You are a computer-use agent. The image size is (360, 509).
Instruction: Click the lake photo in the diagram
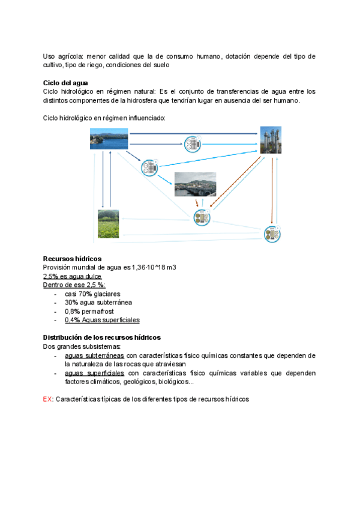tap(109, 139)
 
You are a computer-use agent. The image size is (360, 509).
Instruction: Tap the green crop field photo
tap(109, 224)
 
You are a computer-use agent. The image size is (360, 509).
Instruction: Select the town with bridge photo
tap(195, 184)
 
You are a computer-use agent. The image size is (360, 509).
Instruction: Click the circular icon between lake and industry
tap(193, 145)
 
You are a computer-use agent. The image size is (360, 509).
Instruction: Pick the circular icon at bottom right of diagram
tap(272, 234)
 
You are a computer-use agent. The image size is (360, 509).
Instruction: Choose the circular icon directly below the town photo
tap(202, 218)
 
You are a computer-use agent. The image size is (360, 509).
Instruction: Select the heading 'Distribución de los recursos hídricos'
tap(101, 338)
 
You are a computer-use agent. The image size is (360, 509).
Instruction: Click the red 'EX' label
tap(47, 399)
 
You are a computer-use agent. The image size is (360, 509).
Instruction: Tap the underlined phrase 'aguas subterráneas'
tap(94, 356)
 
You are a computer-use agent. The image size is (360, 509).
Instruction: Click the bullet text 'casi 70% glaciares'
tap(92, 294)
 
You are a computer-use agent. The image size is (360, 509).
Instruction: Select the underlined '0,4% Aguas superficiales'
tap(102, 321)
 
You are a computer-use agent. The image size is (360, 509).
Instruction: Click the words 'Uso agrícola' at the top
tap(62, 56)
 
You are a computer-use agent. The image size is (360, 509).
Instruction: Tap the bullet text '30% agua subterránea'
tap(98, 303)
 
